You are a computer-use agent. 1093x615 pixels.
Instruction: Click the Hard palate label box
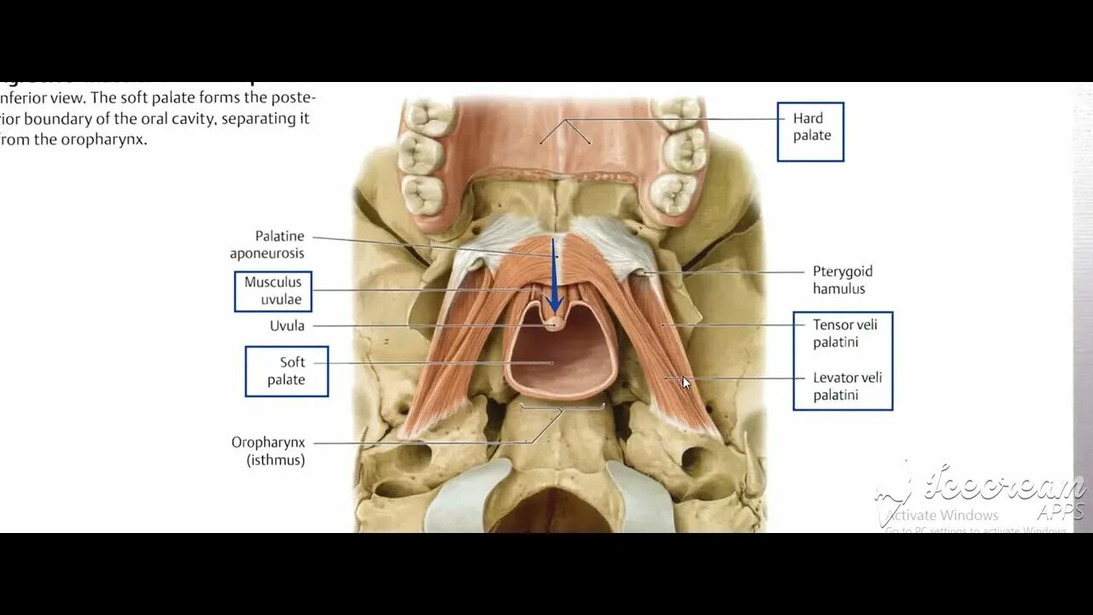pos(810,132)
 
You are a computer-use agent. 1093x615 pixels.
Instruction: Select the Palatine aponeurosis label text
pos(267,244)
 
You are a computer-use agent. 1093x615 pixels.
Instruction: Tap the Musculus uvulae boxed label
pos(273,291)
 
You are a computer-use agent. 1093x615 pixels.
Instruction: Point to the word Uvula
pos(287,325)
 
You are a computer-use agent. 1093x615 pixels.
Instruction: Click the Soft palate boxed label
pos(286,371)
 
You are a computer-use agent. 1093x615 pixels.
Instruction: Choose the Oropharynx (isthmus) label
pos(268,451)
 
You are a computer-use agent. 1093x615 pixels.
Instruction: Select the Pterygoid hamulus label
pos(842,280)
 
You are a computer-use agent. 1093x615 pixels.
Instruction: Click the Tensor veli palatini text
pos(845,333)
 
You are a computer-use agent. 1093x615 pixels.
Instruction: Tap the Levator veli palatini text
pos(847,386)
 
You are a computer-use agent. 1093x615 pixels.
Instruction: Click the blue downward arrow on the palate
pos(554,282)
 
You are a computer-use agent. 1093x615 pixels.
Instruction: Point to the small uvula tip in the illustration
pos(554,323)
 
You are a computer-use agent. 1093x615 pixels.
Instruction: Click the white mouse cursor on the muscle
pos(686,383)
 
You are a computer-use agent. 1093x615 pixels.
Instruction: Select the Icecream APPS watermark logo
pos(991,491)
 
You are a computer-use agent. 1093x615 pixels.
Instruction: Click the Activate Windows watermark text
pos(941,515)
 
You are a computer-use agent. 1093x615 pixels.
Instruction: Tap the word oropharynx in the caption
pos(103,139)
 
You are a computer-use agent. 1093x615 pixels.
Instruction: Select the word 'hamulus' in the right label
pos(839,289)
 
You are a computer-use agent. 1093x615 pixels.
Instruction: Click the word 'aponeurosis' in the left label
pos(267,254)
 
